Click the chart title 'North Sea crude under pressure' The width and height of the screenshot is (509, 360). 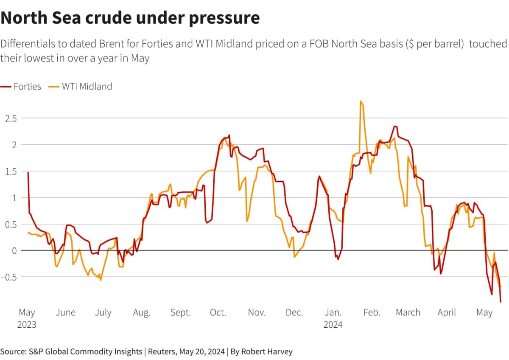[x=130, y=18]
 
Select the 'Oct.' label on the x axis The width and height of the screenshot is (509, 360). [x=218, y=313]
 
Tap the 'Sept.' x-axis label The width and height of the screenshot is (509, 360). [x=181, y=313]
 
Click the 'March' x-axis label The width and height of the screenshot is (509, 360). [x=408, y=313]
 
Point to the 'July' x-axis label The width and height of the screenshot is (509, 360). [x=103, y=313]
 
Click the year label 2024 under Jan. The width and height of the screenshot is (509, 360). [x=333, y=325]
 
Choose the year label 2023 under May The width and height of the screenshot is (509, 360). [x=27, y=325]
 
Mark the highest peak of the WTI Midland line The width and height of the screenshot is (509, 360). [x=361, y=101]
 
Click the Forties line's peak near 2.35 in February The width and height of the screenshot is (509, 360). [x=395, y=126]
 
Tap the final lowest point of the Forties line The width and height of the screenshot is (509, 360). [x=501, y=302]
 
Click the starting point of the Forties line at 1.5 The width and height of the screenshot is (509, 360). [x=28, y=172]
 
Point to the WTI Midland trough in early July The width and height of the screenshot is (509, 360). [x=101, y=280]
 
